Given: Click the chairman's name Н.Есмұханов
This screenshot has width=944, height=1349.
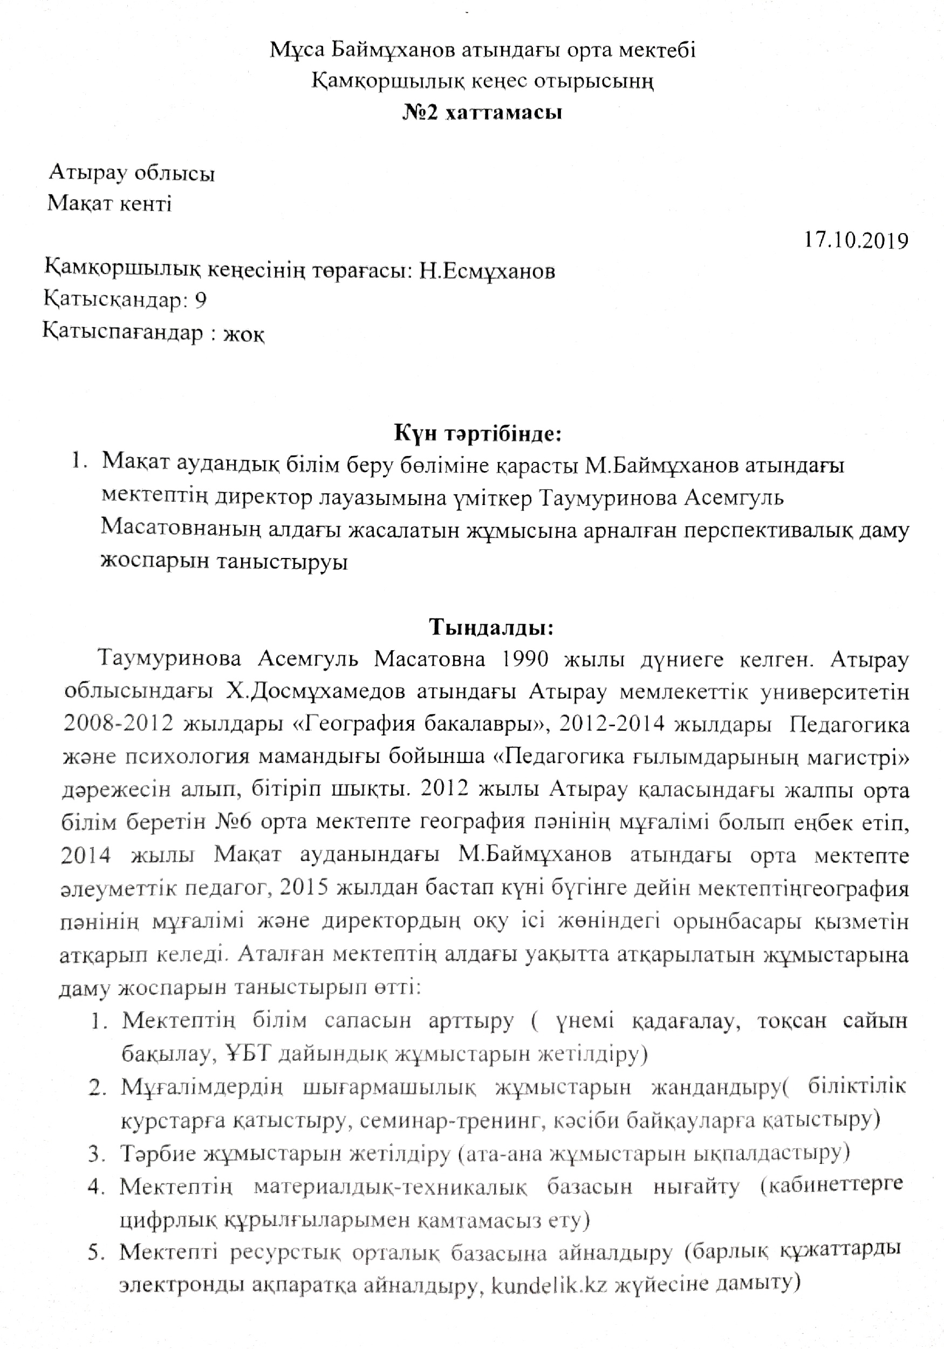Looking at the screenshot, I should point(487,271).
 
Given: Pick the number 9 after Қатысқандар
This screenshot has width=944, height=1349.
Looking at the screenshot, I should point(201,300).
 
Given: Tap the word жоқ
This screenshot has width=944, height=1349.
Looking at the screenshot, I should point(244,335).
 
